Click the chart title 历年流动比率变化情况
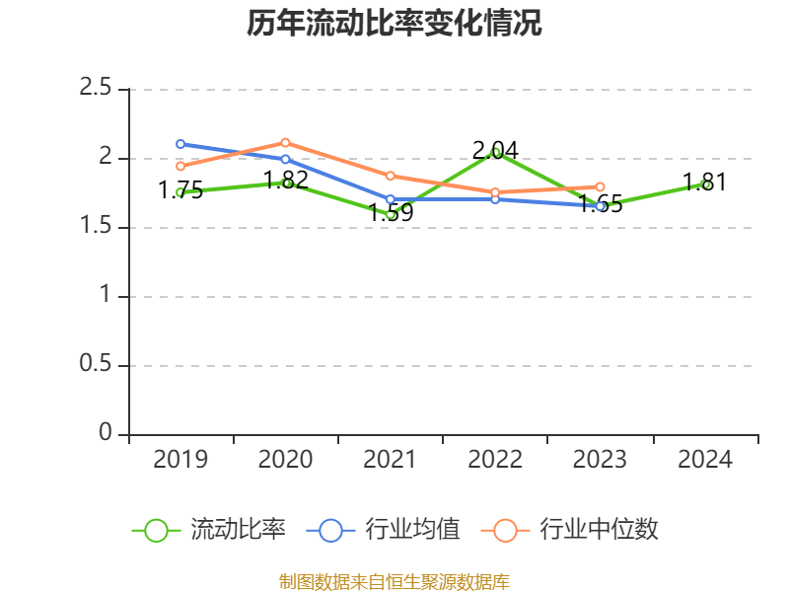394,24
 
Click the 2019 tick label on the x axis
180,460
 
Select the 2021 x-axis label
391,460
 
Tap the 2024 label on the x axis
705,460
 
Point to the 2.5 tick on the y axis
98,89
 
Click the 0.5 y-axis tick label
98,365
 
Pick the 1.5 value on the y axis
98,227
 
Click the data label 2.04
495,151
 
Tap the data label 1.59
391,212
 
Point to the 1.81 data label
705,183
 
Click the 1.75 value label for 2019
180,190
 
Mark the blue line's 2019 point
180,144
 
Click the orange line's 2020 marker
285,142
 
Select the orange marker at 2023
600,186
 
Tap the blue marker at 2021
391,199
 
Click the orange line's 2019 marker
180,166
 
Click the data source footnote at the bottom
394,581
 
